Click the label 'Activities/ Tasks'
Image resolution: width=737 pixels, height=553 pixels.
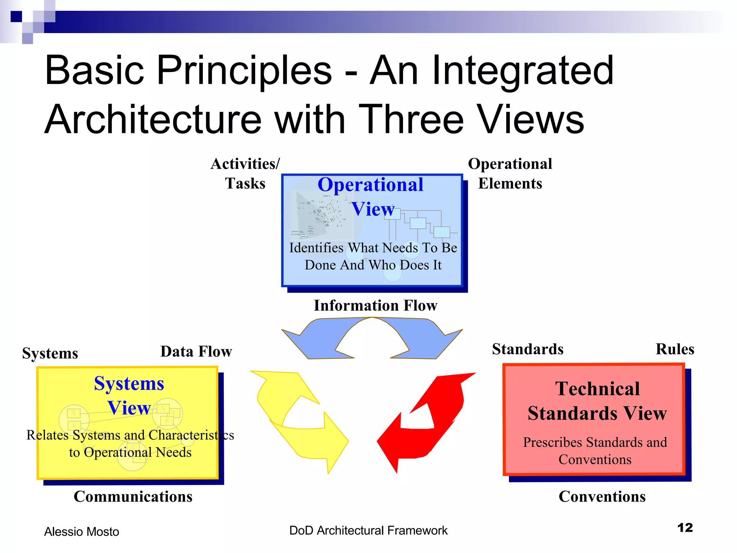[x=245, y=174]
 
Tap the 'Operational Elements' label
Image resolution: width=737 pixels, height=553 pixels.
[x=510, y=174]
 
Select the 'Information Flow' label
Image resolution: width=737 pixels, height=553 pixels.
[x=375, y=305]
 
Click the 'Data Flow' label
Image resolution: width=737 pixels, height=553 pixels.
[x=196, y=351]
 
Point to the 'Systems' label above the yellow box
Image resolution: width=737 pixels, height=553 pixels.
[x=50, y=353]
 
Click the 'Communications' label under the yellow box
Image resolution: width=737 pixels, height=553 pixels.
[x=133, y=496]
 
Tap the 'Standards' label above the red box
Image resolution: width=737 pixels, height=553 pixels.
[x=528, y=349]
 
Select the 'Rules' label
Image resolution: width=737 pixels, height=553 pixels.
[x=675, y=349]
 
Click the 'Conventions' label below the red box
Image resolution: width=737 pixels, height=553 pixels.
[x=602, y=496]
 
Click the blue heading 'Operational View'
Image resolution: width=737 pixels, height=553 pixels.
[x=371, y=197]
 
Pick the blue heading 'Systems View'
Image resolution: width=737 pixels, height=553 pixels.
[x=129, y=395]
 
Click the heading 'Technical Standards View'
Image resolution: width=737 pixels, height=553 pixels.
[x=597, y=401]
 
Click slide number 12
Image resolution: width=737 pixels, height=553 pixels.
[x=685, y=528]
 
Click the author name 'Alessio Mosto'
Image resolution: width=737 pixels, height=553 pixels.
[x=81, y=532]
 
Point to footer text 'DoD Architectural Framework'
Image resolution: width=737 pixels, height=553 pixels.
[x=368, y=531]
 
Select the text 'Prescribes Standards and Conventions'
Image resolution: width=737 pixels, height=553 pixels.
[x=595, y=451]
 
